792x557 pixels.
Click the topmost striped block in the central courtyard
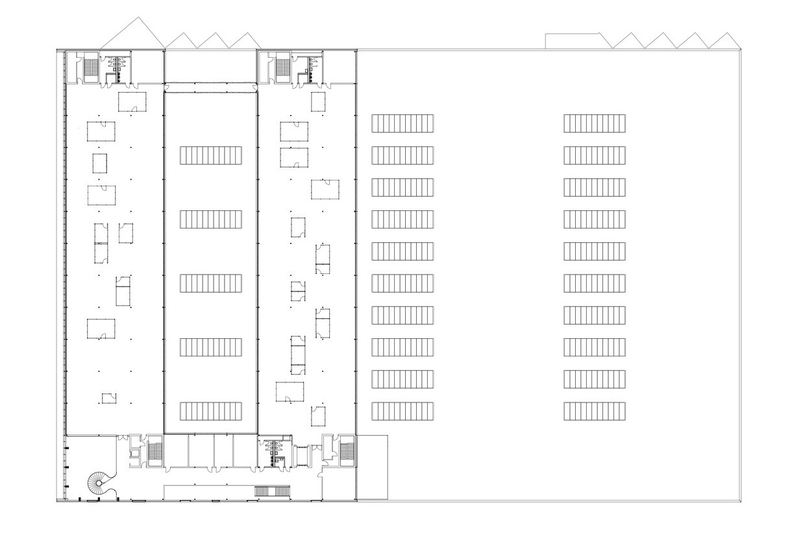pos(211,156)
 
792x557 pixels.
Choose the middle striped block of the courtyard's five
pos(211,284)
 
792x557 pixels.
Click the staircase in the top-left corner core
pos(92,66)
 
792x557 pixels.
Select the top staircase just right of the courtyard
pos(282,66)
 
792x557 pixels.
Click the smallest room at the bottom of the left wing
pos(107,398)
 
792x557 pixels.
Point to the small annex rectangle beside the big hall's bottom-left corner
pos(372,467)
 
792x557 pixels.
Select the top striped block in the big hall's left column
pos(402,123)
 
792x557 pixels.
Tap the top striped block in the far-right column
pos(595,123)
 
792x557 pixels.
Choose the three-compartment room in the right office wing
pos(297,355)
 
